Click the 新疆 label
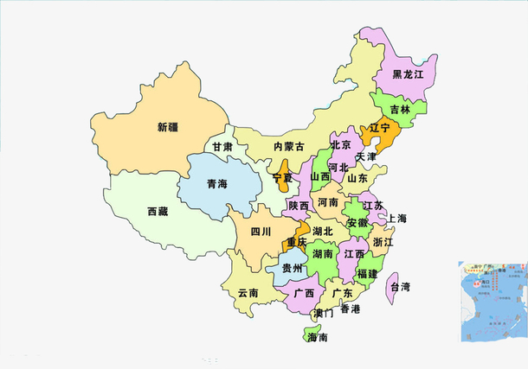coord(168,128)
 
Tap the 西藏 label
coord(158,212)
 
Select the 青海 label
coord(216,184)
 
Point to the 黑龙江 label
coord(408,74)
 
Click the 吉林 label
coord(400,110)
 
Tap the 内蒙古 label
coord(288,147)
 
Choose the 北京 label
coord(341,145)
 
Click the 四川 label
coord(261,232)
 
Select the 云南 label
coord(248,293)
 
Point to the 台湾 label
coord(400,286)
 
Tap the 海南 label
coord(318,338)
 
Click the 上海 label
coord(398,219)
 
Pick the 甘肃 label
coord(223,147)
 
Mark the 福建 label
coord(367,274)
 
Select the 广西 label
coord(304,294)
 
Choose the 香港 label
coord(350,309)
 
